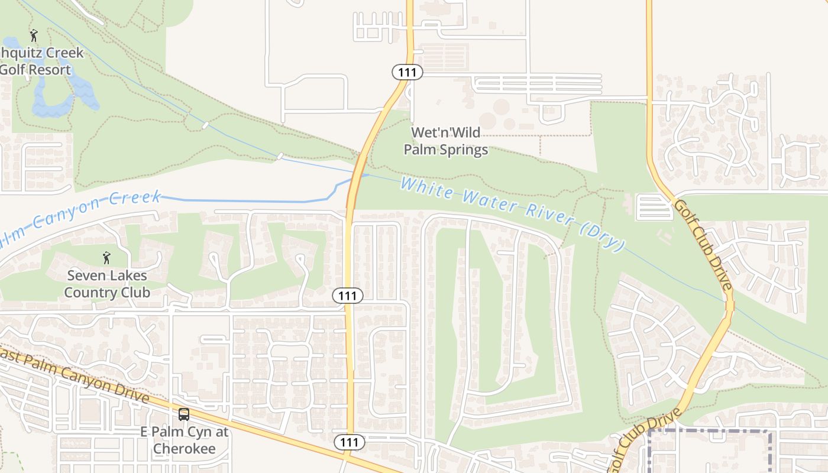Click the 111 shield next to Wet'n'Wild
click(407, 73)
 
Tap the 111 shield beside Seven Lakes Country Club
click(347, 295)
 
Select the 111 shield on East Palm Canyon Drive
click(349, 442)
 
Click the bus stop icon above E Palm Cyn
click(184, 414)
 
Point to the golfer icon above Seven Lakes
click(106, 258)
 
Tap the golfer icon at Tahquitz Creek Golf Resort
click(34, 35)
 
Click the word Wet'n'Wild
click(446, 132)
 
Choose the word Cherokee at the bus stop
click(184, 448)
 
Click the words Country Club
click(106, 292)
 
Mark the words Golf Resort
click(35, 70)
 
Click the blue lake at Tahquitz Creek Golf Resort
click(53, 95)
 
